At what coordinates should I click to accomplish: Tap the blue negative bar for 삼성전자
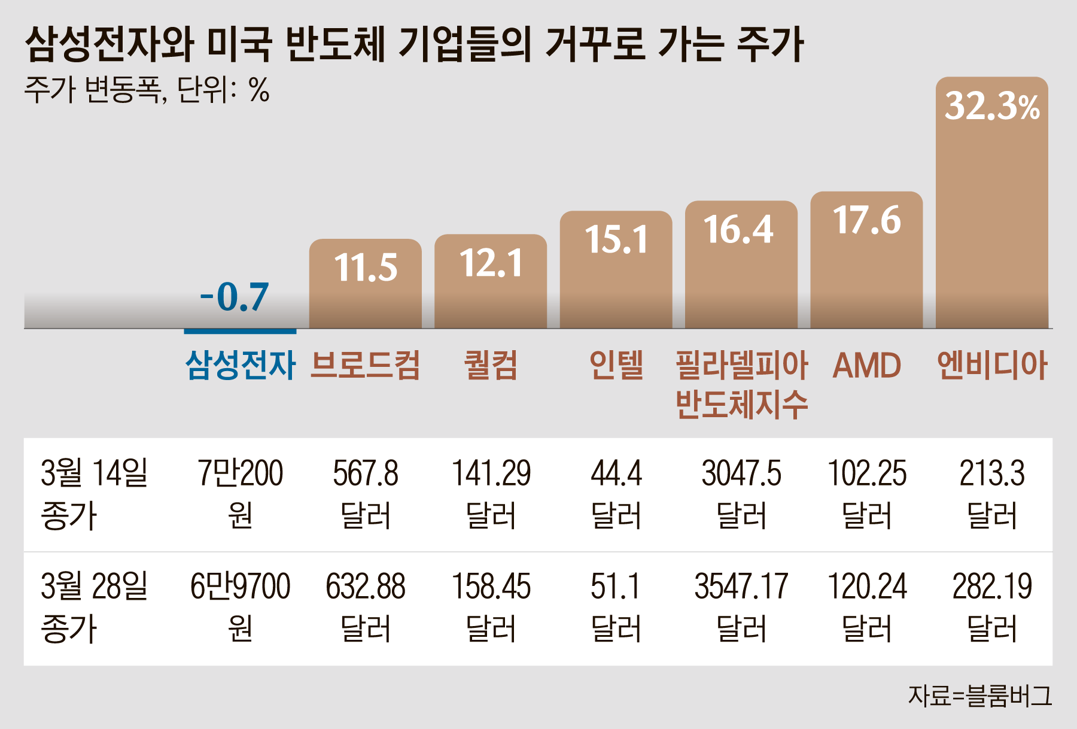(x=240, y=331)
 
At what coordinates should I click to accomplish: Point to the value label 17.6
(x=866, y=220)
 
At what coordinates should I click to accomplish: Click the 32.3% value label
(x=991, y=107)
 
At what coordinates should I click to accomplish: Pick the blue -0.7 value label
(x=235, y=297)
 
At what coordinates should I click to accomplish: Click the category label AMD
(x=866, y=365)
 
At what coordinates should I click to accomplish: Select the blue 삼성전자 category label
(x=240, y=365)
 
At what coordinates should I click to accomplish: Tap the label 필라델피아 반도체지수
(x=741, y=384)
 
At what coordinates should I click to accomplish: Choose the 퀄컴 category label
(x=491, y=365)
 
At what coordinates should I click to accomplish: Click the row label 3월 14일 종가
(x=93, y=494)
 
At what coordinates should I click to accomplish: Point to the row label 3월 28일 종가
(x=93, y=607)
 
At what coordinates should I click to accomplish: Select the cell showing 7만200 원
(x=240, y=494)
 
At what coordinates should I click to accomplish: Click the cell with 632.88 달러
(x=365, y=607)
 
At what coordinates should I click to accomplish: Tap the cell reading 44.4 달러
(x=616, y=494)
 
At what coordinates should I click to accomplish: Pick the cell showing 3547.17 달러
(x=741, y=607)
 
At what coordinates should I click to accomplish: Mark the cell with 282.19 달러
(x=991, y=607)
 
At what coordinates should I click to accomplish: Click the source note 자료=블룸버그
(x=979, y=696)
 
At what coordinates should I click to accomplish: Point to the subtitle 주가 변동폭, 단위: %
(x=147, y=90)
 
